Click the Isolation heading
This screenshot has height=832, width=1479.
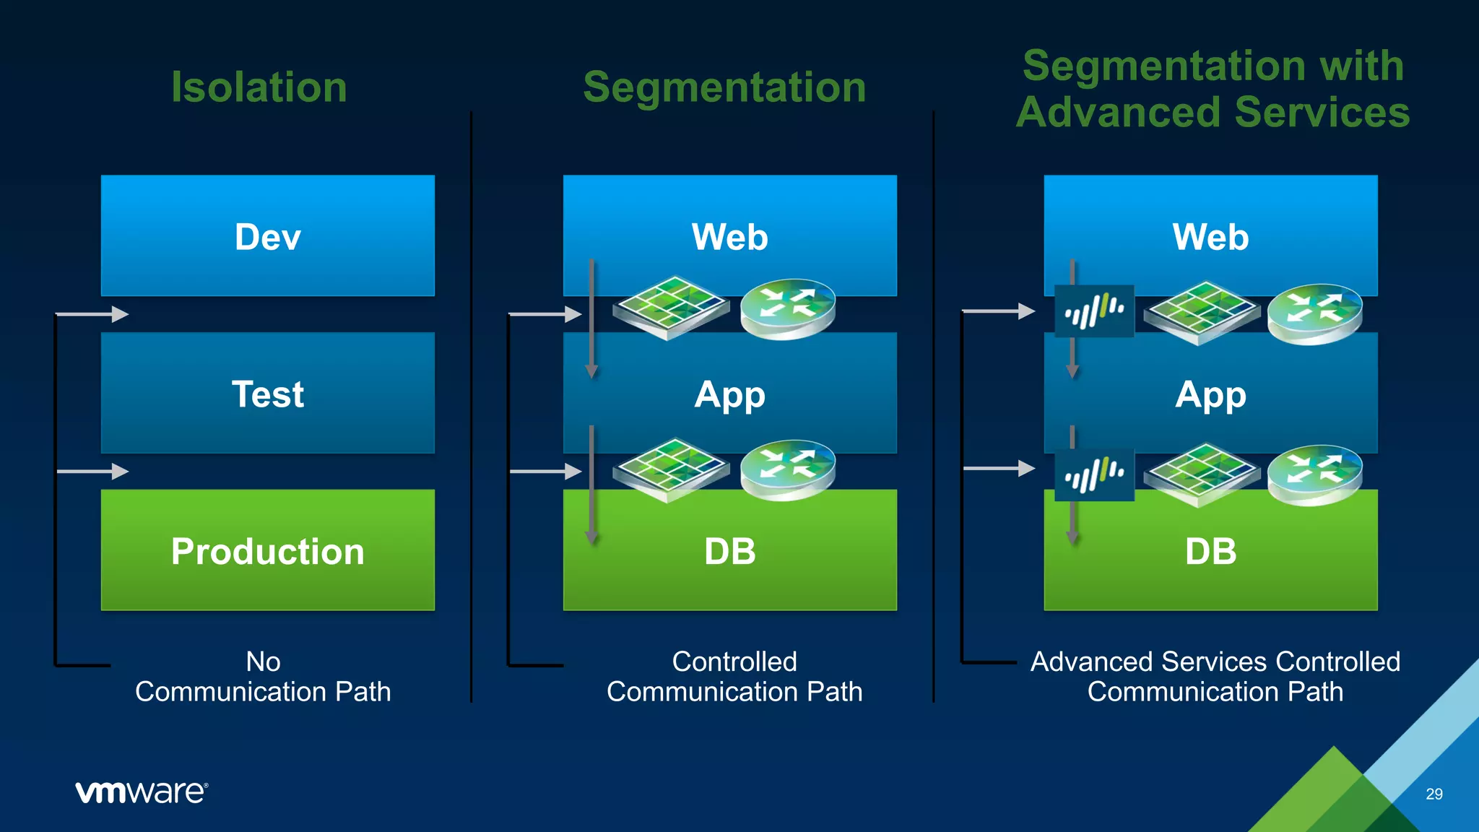pos(259,87)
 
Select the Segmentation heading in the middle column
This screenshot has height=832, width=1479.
pos(724,87)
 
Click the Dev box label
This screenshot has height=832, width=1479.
pos(267,237)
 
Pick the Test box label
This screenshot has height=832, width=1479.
pos(267,394)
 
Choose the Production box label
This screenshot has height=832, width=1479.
pos(267,552)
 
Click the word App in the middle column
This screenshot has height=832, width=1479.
pos(729,395)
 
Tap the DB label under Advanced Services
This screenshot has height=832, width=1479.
pos(1210,552)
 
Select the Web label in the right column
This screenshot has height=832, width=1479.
pos(1210,237)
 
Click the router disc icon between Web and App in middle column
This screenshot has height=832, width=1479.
pos(788,308)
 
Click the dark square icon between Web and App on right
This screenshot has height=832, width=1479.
pos(1094,311)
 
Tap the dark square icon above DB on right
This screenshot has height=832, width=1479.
pos(1094,474)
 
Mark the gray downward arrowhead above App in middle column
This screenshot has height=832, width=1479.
pos(591,371)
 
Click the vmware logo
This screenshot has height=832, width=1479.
pos(142,792)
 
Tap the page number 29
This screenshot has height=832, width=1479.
pos(1434,794)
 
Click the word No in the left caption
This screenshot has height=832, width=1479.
pos(263,662)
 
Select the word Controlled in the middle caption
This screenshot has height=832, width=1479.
pos(734,662)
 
